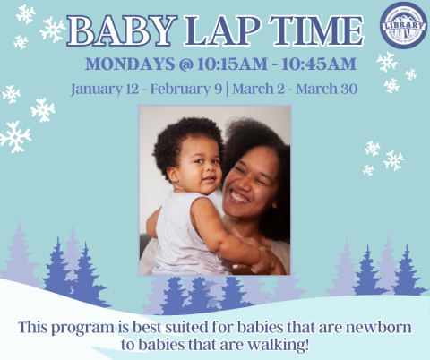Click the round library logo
(x=403, y=25)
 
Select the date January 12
(x=102, y=90)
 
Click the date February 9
(x=193, y=90)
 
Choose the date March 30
(x=336, y=90)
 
